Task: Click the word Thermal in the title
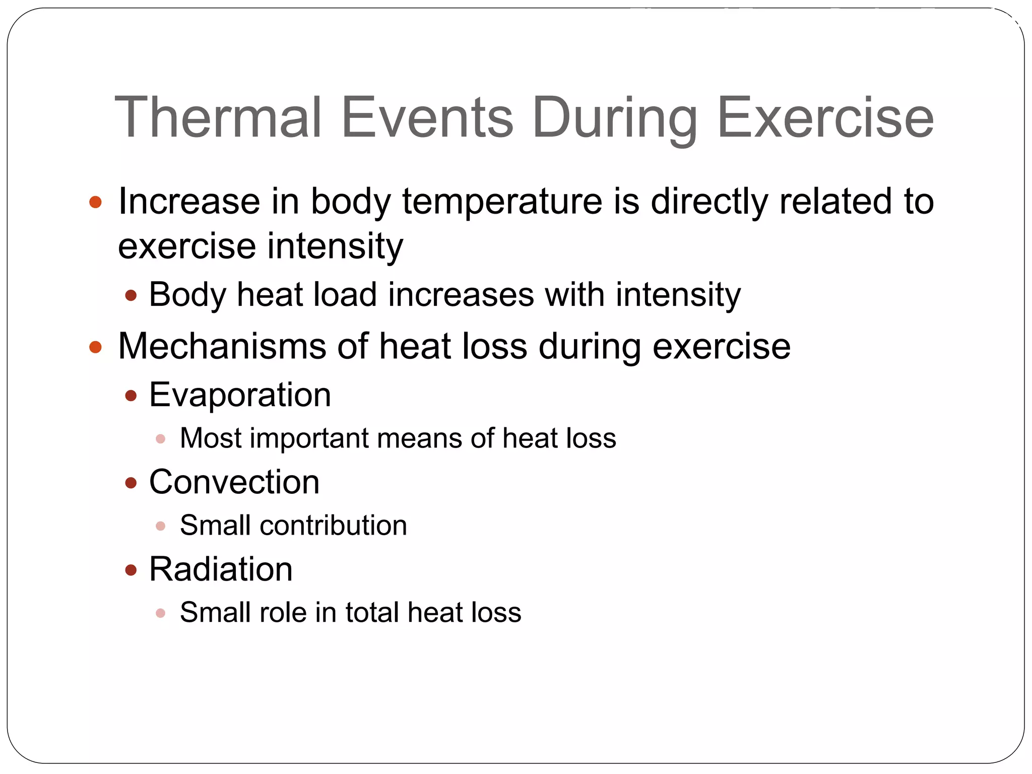click(218, 117)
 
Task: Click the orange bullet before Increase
click(95, 203)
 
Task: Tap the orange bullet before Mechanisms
click(95, 347)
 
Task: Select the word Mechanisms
click(222, 347)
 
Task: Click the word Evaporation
click(240, 395)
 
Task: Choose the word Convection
click(234, 482)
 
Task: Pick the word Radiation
click(221, 569)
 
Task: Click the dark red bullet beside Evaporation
click(131, 396)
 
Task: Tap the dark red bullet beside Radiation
click(131, 570)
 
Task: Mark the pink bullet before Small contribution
click(161, 527)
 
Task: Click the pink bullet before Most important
click(161, 439)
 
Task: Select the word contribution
click(333, 526)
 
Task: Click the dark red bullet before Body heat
click(131, 296)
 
